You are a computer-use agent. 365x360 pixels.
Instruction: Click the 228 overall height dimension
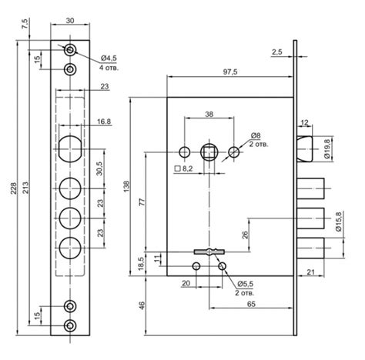click(x=13, y=188)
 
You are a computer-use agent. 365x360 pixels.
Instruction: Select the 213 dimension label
click(x=25, y=188)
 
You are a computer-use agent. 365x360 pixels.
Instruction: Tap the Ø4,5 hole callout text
click(x=109, y=58)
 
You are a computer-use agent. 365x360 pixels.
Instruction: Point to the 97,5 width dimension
click(x=230, y=72)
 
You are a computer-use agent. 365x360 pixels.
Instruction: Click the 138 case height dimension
click(x=127, y=187)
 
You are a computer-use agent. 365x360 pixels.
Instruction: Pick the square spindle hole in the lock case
click(x=209, y=152)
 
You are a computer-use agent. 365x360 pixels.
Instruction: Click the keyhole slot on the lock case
click(x=209, y=252)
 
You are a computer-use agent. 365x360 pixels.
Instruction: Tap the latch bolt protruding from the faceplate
click(x=305, y=148)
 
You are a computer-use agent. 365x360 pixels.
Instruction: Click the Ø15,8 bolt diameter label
click(x=339, y=222)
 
